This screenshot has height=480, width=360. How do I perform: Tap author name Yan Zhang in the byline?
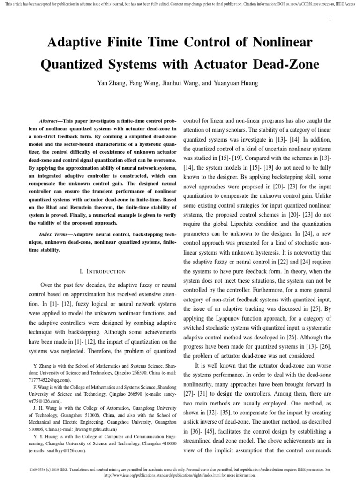coord(112,83)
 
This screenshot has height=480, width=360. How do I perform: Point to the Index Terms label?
coord(57,233)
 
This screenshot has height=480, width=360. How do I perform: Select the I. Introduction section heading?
coord(103,271)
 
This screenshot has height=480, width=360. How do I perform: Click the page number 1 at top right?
coord(330,20)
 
